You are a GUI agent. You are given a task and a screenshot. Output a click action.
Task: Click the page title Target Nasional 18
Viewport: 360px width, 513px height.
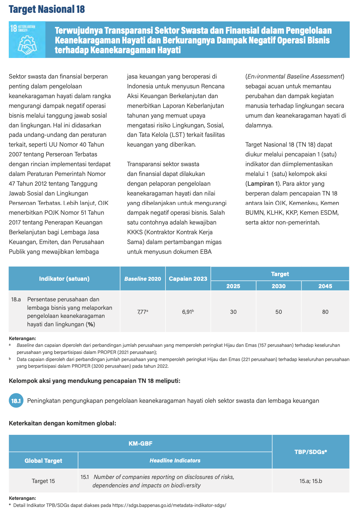(47, 9)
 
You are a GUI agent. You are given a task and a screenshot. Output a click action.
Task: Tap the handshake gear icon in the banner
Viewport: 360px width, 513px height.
(27, 45)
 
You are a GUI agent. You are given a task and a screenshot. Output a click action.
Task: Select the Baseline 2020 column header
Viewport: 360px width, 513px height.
(143, 279)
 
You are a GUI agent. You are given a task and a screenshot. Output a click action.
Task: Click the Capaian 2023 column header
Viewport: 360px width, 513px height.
(188, 279)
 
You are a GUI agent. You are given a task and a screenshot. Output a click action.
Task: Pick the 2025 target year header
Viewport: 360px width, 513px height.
(233, 286)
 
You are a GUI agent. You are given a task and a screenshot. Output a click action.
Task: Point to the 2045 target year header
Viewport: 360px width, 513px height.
(325, 286)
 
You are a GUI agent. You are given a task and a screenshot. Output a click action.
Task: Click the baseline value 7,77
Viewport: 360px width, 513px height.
(142, 312)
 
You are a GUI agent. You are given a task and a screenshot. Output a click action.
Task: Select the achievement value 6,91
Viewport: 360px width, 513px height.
(187, 312)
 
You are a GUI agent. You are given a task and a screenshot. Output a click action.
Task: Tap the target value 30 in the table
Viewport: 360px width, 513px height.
(233, 312)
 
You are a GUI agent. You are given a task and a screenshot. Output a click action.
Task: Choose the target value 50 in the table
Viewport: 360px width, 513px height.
(278, 312)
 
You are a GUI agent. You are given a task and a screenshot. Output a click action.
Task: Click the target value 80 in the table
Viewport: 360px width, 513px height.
(325, 312)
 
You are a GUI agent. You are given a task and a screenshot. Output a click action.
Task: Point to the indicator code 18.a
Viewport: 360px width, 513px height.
(16, 299)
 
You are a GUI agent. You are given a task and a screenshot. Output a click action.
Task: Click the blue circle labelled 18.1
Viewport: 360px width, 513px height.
(16, 401)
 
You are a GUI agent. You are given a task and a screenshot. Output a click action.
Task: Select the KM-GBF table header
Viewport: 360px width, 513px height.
(140, 443)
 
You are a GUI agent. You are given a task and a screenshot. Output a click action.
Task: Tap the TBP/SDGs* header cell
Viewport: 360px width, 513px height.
(310, 452)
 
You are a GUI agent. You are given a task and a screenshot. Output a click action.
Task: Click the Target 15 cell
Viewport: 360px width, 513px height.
(43, 481)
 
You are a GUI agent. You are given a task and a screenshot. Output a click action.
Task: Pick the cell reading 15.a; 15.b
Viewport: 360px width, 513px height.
(310, 481)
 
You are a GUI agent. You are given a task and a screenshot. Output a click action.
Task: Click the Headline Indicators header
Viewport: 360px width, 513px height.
(175, 460)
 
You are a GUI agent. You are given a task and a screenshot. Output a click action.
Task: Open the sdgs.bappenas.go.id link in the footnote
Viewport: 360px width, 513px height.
(169, 505)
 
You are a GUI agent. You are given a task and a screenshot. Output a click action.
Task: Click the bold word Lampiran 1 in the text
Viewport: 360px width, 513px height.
(263, 184)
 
